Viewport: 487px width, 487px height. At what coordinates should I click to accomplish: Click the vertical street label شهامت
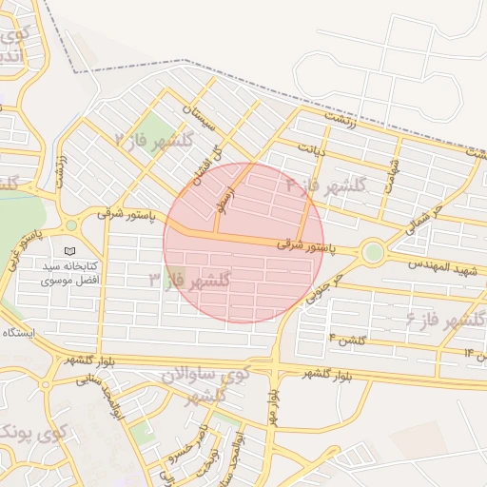pyautogui.click(x=392, y=174)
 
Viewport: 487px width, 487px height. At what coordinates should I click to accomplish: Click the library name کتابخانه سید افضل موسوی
pyautogui.click(x=69, y=275)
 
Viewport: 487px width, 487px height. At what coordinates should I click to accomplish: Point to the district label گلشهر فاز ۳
pyautogui.click(x=190, y=281)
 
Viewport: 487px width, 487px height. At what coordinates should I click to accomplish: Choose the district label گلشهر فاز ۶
pyautogui.click(x=447, y=318)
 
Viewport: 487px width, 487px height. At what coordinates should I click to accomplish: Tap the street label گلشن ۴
pyautogui.click(x=347, y=339)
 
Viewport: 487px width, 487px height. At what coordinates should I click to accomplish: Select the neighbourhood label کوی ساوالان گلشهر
pyautogui.click(x=202, y=384)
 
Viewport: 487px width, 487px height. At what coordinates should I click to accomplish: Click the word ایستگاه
pyautogui.click(x=19, y=332)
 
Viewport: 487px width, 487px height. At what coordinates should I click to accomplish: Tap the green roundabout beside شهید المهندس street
pyautogui.click(x=373, y=252)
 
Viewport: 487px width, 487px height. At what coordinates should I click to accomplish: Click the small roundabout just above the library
pyautogui.click(x=70, y=225)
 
